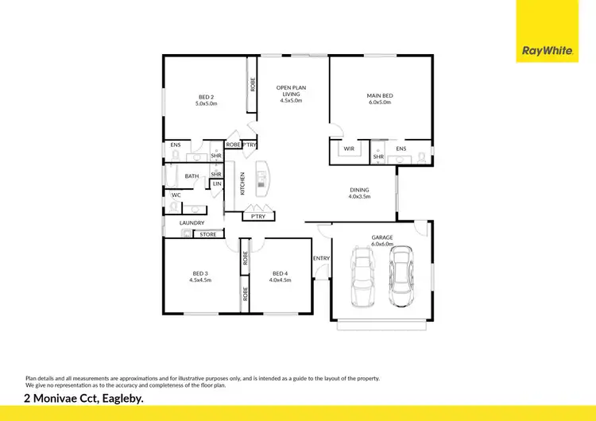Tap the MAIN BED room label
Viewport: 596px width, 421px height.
(380, 98)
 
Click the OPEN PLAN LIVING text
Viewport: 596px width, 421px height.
(291, 94)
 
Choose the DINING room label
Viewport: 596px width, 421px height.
(359, 193)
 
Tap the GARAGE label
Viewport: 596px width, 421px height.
(382, 241)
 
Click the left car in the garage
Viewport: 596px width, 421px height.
(362, 277)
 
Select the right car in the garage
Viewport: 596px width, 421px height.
(402, 277)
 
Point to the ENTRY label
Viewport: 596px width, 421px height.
(321, 258)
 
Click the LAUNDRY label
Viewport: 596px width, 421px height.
(192, 223)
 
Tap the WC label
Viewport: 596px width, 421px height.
(176, 195)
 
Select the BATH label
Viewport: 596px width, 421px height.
(192, 176)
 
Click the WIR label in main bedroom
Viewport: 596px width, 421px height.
(349, 149)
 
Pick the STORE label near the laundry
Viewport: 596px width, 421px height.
(207, 234)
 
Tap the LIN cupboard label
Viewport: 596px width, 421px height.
(216, 184)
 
